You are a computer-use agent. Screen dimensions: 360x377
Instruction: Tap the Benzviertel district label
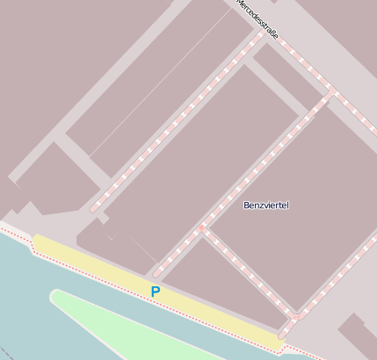pyautogui.click(x=265, y=205)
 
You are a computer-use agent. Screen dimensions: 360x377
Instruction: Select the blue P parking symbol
pyautogui.click(x=156, y=292)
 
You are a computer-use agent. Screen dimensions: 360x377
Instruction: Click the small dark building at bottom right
pyautogui.click(x=357, y=337)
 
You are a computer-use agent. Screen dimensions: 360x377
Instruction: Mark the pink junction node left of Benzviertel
pyautogui.click(x=201, y=229)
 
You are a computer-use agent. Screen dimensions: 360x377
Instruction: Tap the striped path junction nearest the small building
pyautogui.click(x=297, y=315)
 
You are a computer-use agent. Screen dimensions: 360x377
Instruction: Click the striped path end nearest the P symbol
pyautogui.click(x=156, y=273)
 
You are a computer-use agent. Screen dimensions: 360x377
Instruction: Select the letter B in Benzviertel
pyautogui.click(x=246, y=205)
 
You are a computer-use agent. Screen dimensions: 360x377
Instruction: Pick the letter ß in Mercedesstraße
pyautogui.click(x=273, y=34)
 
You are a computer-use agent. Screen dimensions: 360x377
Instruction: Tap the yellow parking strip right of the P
pyautogui.click(x=211, y=312)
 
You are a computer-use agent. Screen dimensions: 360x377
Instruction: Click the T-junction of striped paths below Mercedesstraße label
pyautogui.click(x=331, y=90)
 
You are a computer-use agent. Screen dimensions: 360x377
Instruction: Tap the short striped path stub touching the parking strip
pyautogui.click(x=284, y=332)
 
